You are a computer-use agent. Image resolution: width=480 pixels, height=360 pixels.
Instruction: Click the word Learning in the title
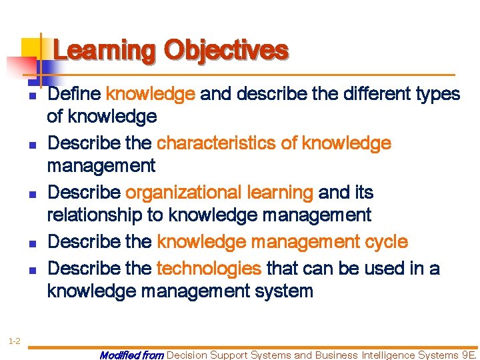pyautogui.click(x=105, y=51)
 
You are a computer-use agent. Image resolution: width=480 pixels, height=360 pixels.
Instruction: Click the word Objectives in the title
pyautogui.click(x=227, y=51)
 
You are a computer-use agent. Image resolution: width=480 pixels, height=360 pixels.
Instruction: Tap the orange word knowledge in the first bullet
pyautogui.click(x=150, y=94)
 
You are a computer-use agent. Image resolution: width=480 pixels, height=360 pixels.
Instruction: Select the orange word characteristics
pyautogui.click(x=226, y=143)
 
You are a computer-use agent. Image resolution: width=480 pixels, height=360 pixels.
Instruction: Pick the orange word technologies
pyautogui.click(x=209, y=268)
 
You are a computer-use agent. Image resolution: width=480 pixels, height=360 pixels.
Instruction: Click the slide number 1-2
pyautogui.click(x=14, y=323)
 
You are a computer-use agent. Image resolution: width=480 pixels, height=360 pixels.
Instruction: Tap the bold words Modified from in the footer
pyautogui.click(x=131, y=355)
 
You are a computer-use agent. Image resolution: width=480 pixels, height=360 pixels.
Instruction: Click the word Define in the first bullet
pyautogui.click(x=75, y=94)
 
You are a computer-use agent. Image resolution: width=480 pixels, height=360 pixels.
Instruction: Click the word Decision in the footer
pyautogui.click(x=188, y=355)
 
